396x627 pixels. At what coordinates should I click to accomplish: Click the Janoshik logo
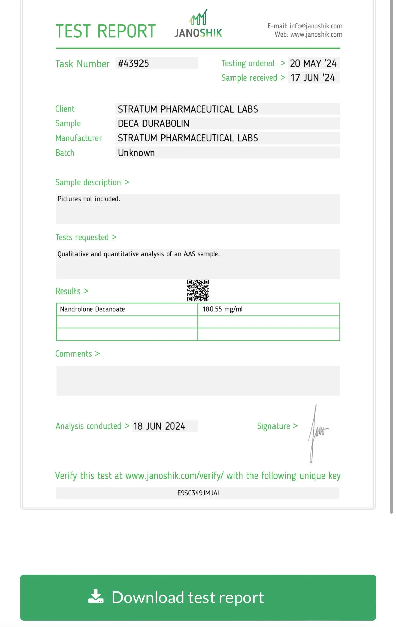click(x=198, y=24)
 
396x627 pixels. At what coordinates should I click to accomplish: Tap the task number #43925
click(x=133, y=63)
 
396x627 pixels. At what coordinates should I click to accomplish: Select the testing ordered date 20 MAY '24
click(x=313, y=63)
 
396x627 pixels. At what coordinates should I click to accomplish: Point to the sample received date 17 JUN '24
click(x=312, y=78)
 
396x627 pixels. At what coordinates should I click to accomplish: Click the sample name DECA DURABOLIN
click(x=153, y=123)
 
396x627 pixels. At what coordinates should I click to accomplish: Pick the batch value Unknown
click(x=136, y=153)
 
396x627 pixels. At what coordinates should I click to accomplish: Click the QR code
click(x=198, y=291)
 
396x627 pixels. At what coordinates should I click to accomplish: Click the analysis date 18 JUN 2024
click(x=159, y=426)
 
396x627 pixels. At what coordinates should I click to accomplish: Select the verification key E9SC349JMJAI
click(x=198, y=493)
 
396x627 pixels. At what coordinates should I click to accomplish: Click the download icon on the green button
click(x=96, y=597)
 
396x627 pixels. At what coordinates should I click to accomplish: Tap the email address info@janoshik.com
click(x=316, y=26)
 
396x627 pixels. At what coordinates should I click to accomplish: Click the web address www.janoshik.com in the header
click(x=316, y=34)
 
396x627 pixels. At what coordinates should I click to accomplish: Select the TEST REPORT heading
click(x=106, y=31)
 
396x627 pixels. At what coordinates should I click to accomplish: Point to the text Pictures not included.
click(x=89, y=199)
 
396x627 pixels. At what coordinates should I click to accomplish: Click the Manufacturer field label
click(x=78, y=138)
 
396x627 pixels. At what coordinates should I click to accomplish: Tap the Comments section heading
click(x=73, y=354)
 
